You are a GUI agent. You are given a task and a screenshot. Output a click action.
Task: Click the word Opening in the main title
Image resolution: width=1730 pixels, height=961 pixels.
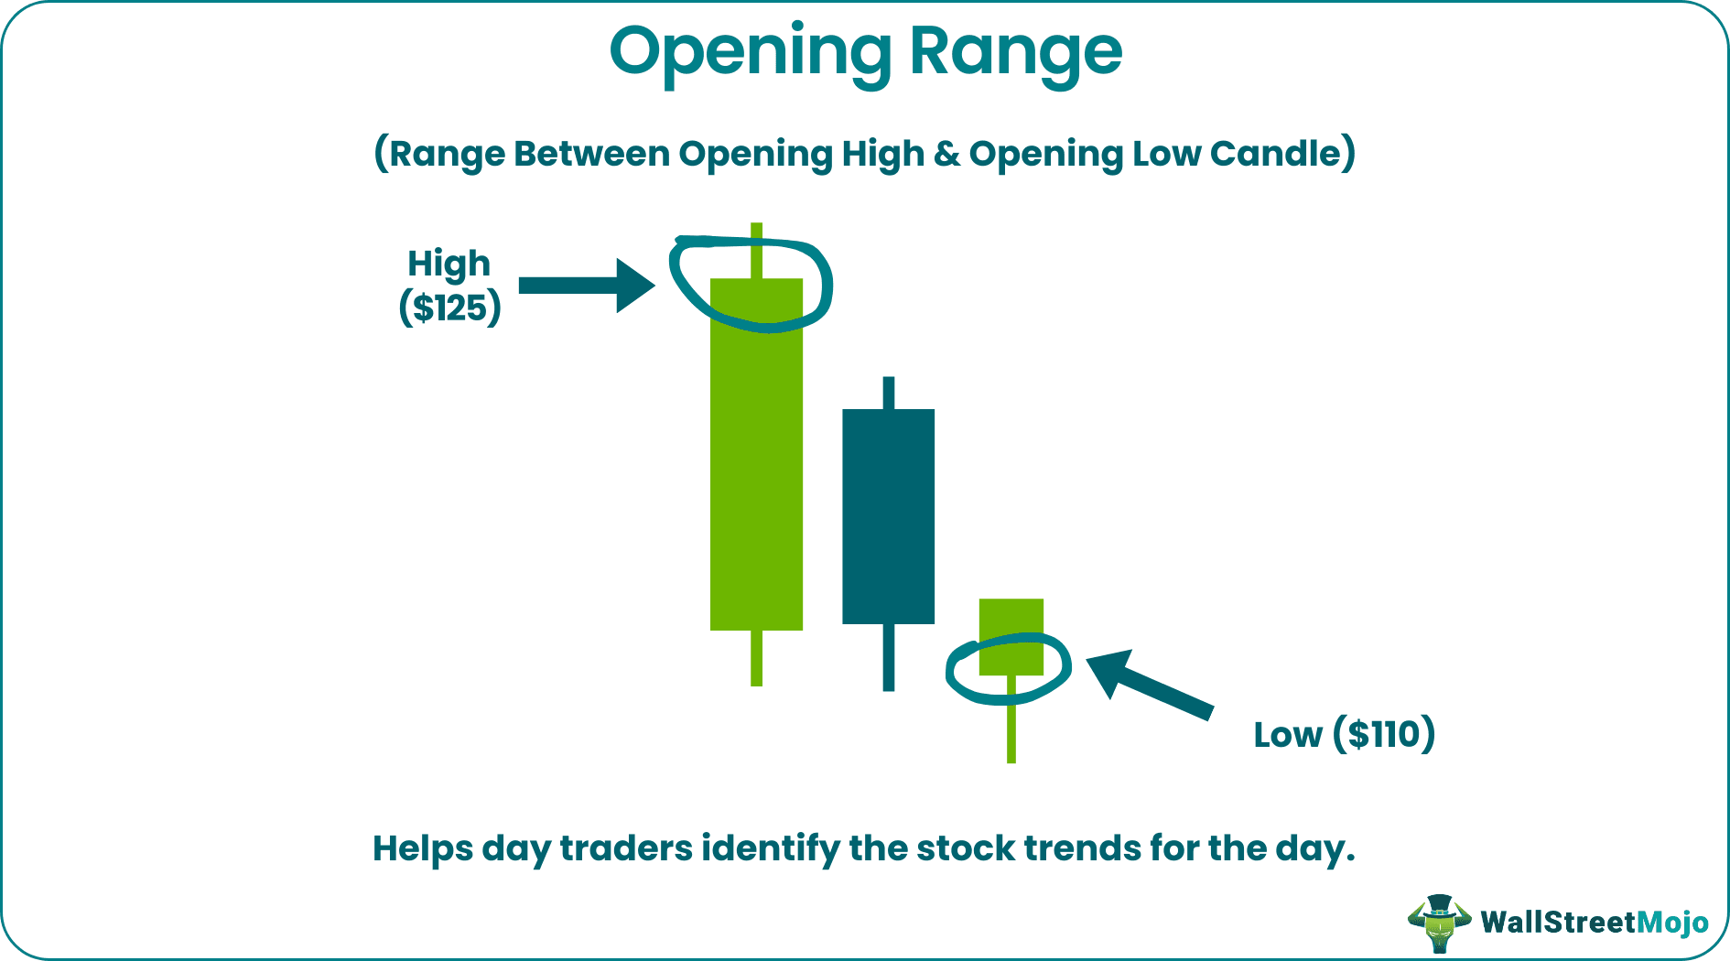point(750,53)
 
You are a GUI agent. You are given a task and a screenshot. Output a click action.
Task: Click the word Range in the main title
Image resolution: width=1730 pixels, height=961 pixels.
point(1015,53)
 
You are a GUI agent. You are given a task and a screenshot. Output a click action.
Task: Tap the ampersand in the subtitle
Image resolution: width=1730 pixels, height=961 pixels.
point(946,154)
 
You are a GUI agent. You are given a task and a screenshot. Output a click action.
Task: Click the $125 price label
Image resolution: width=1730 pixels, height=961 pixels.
point(449,308)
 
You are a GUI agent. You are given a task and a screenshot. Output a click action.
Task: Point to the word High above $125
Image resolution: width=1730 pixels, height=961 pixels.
point(449,264)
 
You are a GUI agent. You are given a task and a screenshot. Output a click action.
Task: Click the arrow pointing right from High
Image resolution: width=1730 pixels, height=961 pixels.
point(586,286)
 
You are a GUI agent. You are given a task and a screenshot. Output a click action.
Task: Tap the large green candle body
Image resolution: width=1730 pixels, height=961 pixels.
point(756,458)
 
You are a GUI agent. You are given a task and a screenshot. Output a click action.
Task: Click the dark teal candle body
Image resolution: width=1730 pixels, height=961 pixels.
point(888,516)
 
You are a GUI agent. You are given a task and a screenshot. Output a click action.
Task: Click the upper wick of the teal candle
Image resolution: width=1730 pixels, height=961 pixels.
point(888,393)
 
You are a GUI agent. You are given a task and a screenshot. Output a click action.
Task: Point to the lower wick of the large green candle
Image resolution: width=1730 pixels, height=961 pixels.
point(756,658)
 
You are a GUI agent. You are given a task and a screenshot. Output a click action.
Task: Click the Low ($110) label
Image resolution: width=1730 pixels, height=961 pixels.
point(1344,735)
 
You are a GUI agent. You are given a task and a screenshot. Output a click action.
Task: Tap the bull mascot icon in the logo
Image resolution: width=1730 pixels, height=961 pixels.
point(1438,922)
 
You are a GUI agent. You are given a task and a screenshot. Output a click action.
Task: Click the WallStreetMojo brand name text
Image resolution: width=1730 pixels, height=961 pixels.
point(1594,922)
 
